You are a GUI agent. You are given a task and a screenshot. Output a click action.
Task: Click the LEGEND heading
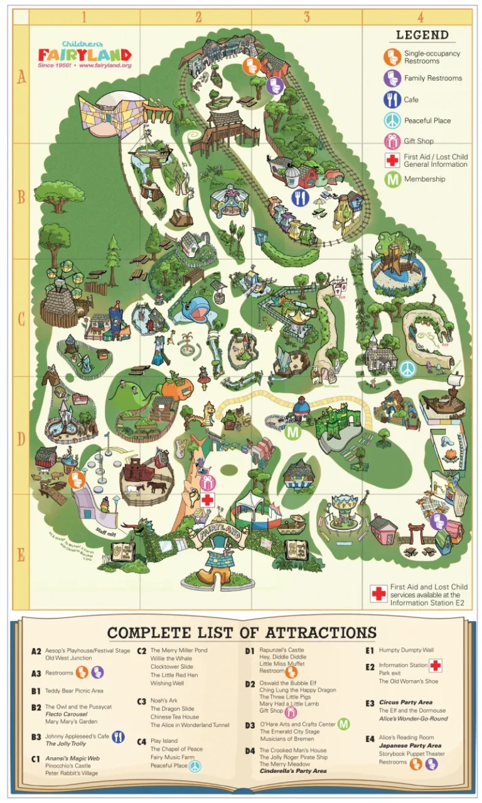pyautogui.click(x=422, y=36)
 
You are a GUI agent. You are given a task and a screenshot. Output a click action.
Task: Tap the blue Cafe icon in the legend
pyautogui.click(x=392, y=99)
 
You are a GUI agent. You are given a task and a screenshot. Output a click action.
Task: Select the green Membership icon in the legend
pyautogui.click(x=392, y=179)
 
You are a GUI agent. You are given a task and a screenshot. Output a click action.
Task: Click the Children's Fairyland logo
pyautogui.click(x=84, y=54)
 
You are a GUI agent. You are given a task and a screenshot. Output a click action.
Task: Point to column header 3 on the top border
pyautogui.click(x=307, y=17)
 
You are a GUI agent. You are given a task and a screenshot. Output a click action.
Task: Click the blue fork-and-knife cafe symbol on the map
pyautogui.click(x=301, y=198)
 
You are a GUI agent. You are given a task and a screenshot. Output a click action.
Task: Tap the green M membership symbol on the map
pyautogui.click(x=292, y=432)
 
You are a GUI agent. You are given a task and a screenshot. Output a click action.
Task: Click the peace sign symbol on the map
pyautogui.click(x=407, y=368)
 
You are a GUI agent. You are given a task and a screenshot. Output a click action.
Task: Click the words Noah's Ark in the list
pyautogui.click(x=164, y=701)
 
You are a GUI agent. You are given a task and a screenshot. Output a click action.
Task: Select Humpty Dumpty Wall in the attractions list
pyautogui.click(x=406, y=651)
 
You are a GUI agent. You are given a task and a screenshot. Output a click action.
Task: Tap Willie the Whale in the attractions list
pyautogui.click(x=171, y=659)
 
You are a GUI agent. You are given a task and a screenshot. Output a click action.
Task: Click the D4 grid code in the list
pyautogui.click(x=250, y=750)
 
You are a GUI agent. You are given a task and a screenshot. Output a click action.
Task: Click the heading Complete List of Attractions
pyautogui.click(x=241, y=632)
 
